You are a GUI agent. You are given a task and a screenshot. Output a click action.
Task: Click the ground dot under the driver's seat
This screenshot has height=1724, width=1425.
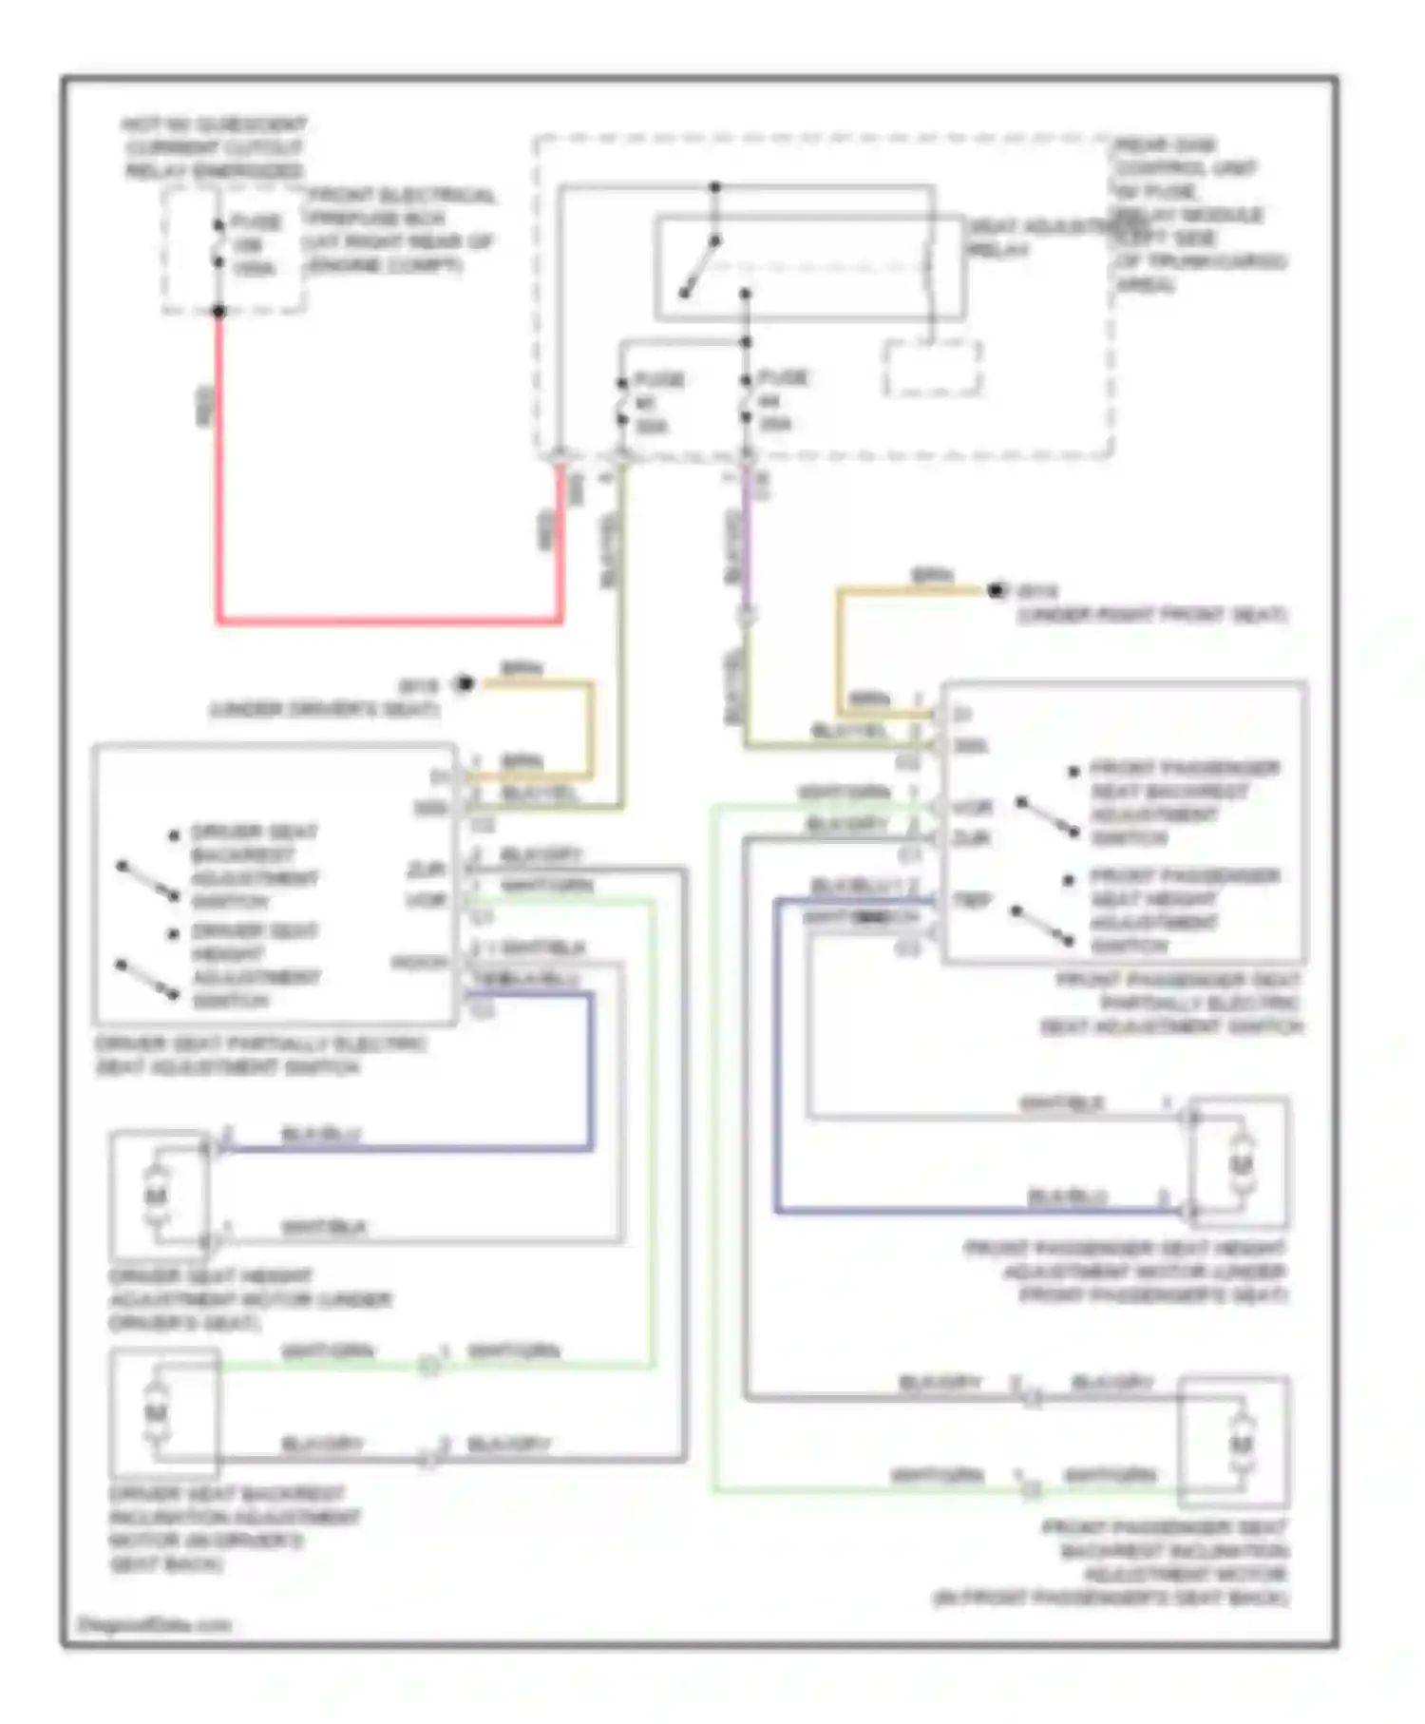(464, 683)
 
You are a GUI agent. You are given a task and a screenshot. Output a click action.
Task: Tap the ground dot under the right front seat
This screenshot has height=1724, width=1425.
(996, 591)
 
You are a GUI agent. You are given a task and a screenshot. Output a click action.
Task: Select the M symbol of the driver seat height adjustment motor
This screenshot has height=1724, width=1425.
(156, 1195)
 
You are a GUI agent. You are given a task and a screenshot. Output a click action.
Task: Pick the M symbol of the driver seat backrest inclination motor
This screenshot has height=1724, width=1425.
(156, 1413)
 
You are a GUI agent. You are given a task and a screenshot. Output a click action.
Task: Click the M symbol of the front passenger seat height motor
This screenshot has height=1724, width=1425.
(1241, 1164)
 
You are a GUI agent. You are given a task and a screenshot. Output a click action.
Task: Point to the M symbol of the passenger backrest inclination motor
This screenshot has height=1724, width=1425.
(1240, 1444)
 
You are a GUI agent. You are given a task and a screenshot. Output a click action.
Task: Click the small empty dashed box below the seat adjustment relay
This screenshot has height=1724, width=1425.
(933, 368)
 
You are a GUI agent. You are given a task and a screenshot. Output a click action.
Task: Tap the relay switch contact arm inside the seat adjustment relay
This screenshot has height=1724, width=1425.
(699, 267)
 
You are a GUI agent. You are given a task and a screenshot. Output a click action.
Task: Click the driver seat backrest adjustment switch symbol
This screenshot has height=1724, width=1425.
(147, 880)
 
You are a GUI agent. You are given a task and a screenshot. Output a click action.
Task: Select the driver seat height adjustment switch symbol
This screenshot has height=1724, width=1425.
(147, 980)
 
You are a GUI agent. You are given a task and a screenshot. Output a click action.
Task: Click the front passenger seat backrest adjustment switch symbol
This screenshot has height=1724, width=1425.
(1047, 817)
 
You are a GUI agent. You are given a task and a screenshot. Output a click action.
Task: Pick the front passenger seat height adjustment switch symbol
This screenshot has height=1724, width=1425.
(1042, 926)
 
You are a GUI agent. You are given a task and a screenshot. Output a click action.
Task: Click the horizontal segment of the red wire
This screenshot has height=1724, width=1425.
(389, 622)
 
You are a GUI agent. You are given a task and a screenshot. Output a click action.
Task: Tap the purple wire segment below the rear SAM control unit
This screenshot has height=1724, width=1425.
(747, 542)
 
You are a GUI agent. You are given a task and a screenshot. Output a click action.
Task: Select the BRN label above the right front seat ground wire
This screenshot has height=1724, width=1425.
(931, 576)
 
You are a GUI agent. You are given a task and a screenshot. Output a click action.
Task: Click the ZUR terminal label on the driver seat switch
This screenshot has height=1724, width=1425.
(427, 870)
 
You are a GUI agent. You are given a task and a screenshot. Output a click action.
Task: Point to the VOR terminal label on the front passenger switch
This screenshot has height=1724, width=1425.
(972, 808)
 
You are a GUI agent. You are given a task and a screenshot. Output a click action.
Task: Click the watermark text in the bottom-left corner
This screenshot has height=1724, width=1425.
(154, 1624)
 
